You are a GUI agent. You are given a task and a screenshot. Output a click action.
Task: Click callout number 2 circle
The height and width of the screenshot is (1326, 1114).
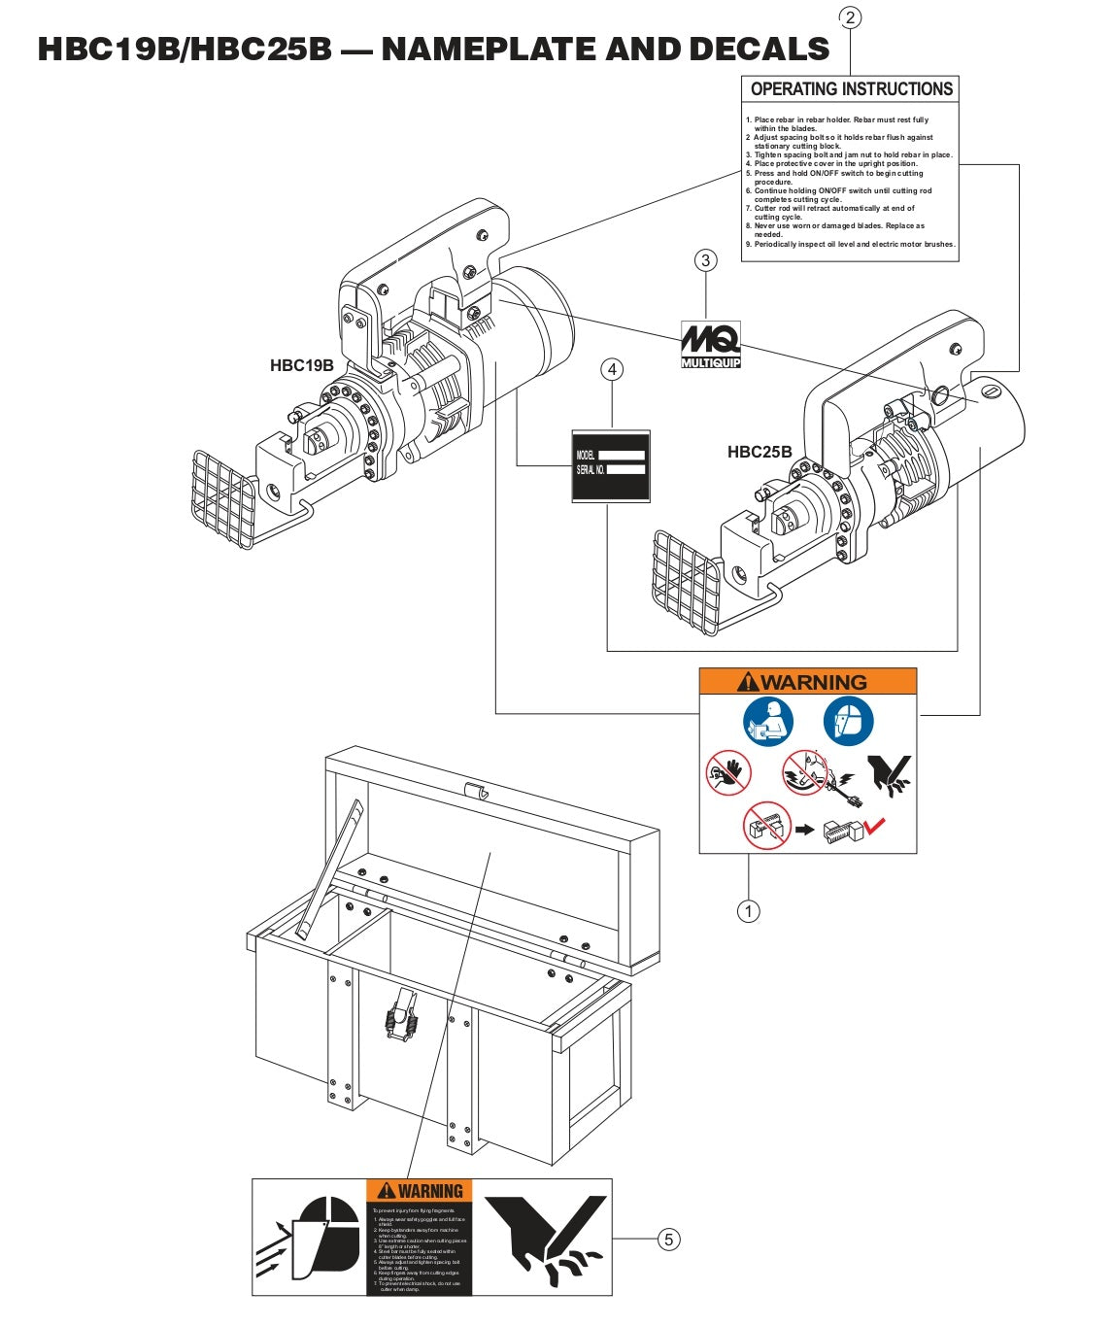850,17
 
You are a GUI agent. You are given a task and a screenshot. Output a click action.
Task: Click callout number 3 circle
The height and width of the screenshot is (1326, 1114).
706,260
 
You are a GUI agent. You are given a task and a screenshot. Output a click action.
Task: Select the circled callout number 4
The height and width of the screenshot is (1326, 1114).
611,369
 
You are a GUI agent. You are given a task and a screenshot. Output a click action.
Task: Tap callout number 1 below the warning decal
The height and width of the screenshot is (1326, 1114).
748,911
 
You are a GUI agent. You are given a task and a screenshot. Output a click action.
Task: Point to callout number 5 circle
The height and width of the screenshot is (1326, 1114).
668,1239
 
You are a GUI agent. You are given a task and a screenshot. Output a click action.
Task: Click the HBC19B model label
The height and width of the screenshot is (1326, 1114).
301,365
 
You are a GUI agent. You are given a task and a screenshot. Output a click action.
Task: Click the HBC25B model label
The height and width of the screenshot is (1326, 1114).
760,452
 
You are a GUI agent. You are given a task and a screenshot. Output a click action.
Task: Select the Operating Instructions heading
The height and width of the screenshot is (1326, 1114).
851,89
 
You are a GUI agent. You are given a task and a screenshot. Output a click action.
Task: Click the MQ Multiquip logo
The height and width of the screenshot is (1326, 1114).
711,344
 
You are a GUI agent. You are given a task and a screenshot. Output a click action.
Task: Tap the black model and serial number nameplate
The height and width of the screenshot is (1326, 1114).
610,465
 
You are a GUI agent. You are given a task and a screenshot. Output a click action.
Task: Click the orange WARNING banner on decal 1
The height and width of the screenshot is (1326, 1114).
808,682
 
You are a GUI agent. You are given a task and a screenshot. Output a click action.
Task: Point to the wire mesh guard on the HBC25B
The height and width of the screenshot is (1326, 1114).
685,579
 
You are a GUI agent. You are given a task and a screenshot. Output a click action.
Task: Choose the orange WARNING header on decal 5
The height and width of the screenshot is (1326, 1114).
420,1191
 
